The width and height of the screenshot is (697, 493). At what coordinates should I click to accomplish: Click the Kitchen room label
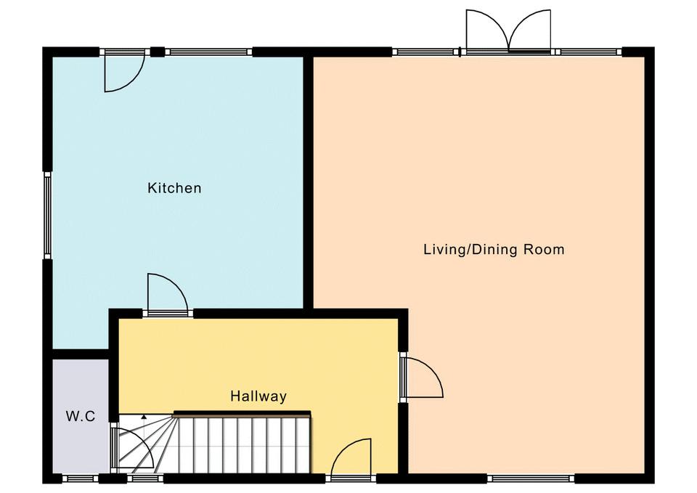coord(174,187)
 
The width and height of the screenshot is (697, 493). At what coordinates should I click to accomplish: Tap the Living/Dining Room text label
coord(494,249)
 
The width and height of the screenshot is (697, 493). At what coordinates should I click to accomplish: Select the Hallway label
coord(258,396)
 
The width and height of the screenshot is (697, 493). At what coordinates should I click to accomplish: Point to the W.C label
coord(81,417)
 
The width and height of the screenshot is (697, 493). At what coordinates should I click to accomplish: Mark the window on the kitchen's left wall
coord(47,215)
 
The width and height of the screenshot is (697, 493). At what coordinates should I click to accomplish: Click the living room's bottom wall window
coord(530,478)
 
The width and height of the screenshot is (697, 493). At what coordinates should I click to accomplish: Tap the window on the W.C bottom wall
coord(80,478)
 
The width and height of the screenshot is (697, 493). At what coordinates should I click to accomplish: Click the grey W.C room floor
coord(81,416)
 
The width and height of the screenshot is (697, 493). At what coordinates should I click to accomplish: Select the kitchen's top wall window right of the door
coord(209,52)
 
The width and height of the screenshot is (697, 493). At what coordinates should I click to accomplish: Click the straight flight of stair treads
coord(244,443)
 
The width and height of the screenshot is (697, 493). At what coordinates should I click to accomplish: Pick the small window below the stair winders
coord(145,478)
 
